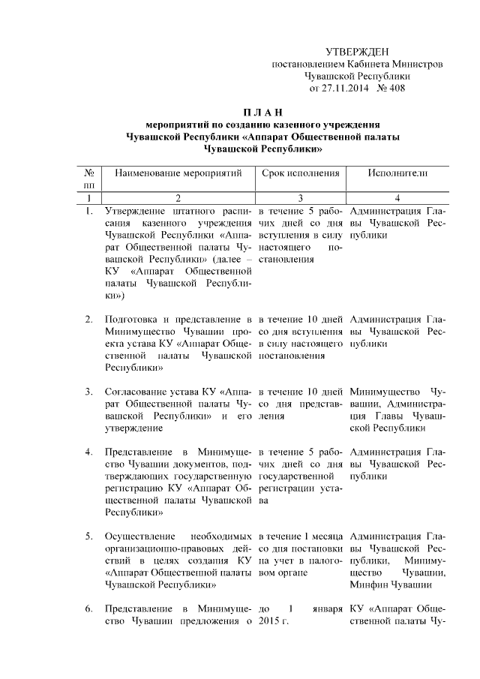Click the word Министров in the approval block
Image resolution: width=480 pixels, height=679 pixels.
412,64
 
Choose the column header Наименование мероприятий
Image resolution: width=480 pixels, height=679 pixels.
178,173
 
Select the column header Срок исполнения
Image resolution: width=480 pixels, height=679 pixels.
300,173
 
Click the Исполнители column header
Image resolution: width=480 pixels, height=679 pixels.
397,173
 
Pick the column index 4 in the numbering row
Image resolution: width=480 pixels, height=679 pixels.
397,198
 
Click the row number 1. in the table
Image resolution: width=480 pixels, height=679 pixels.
88,211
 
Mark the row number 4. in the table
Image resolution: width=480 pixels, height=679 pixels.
88,452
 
